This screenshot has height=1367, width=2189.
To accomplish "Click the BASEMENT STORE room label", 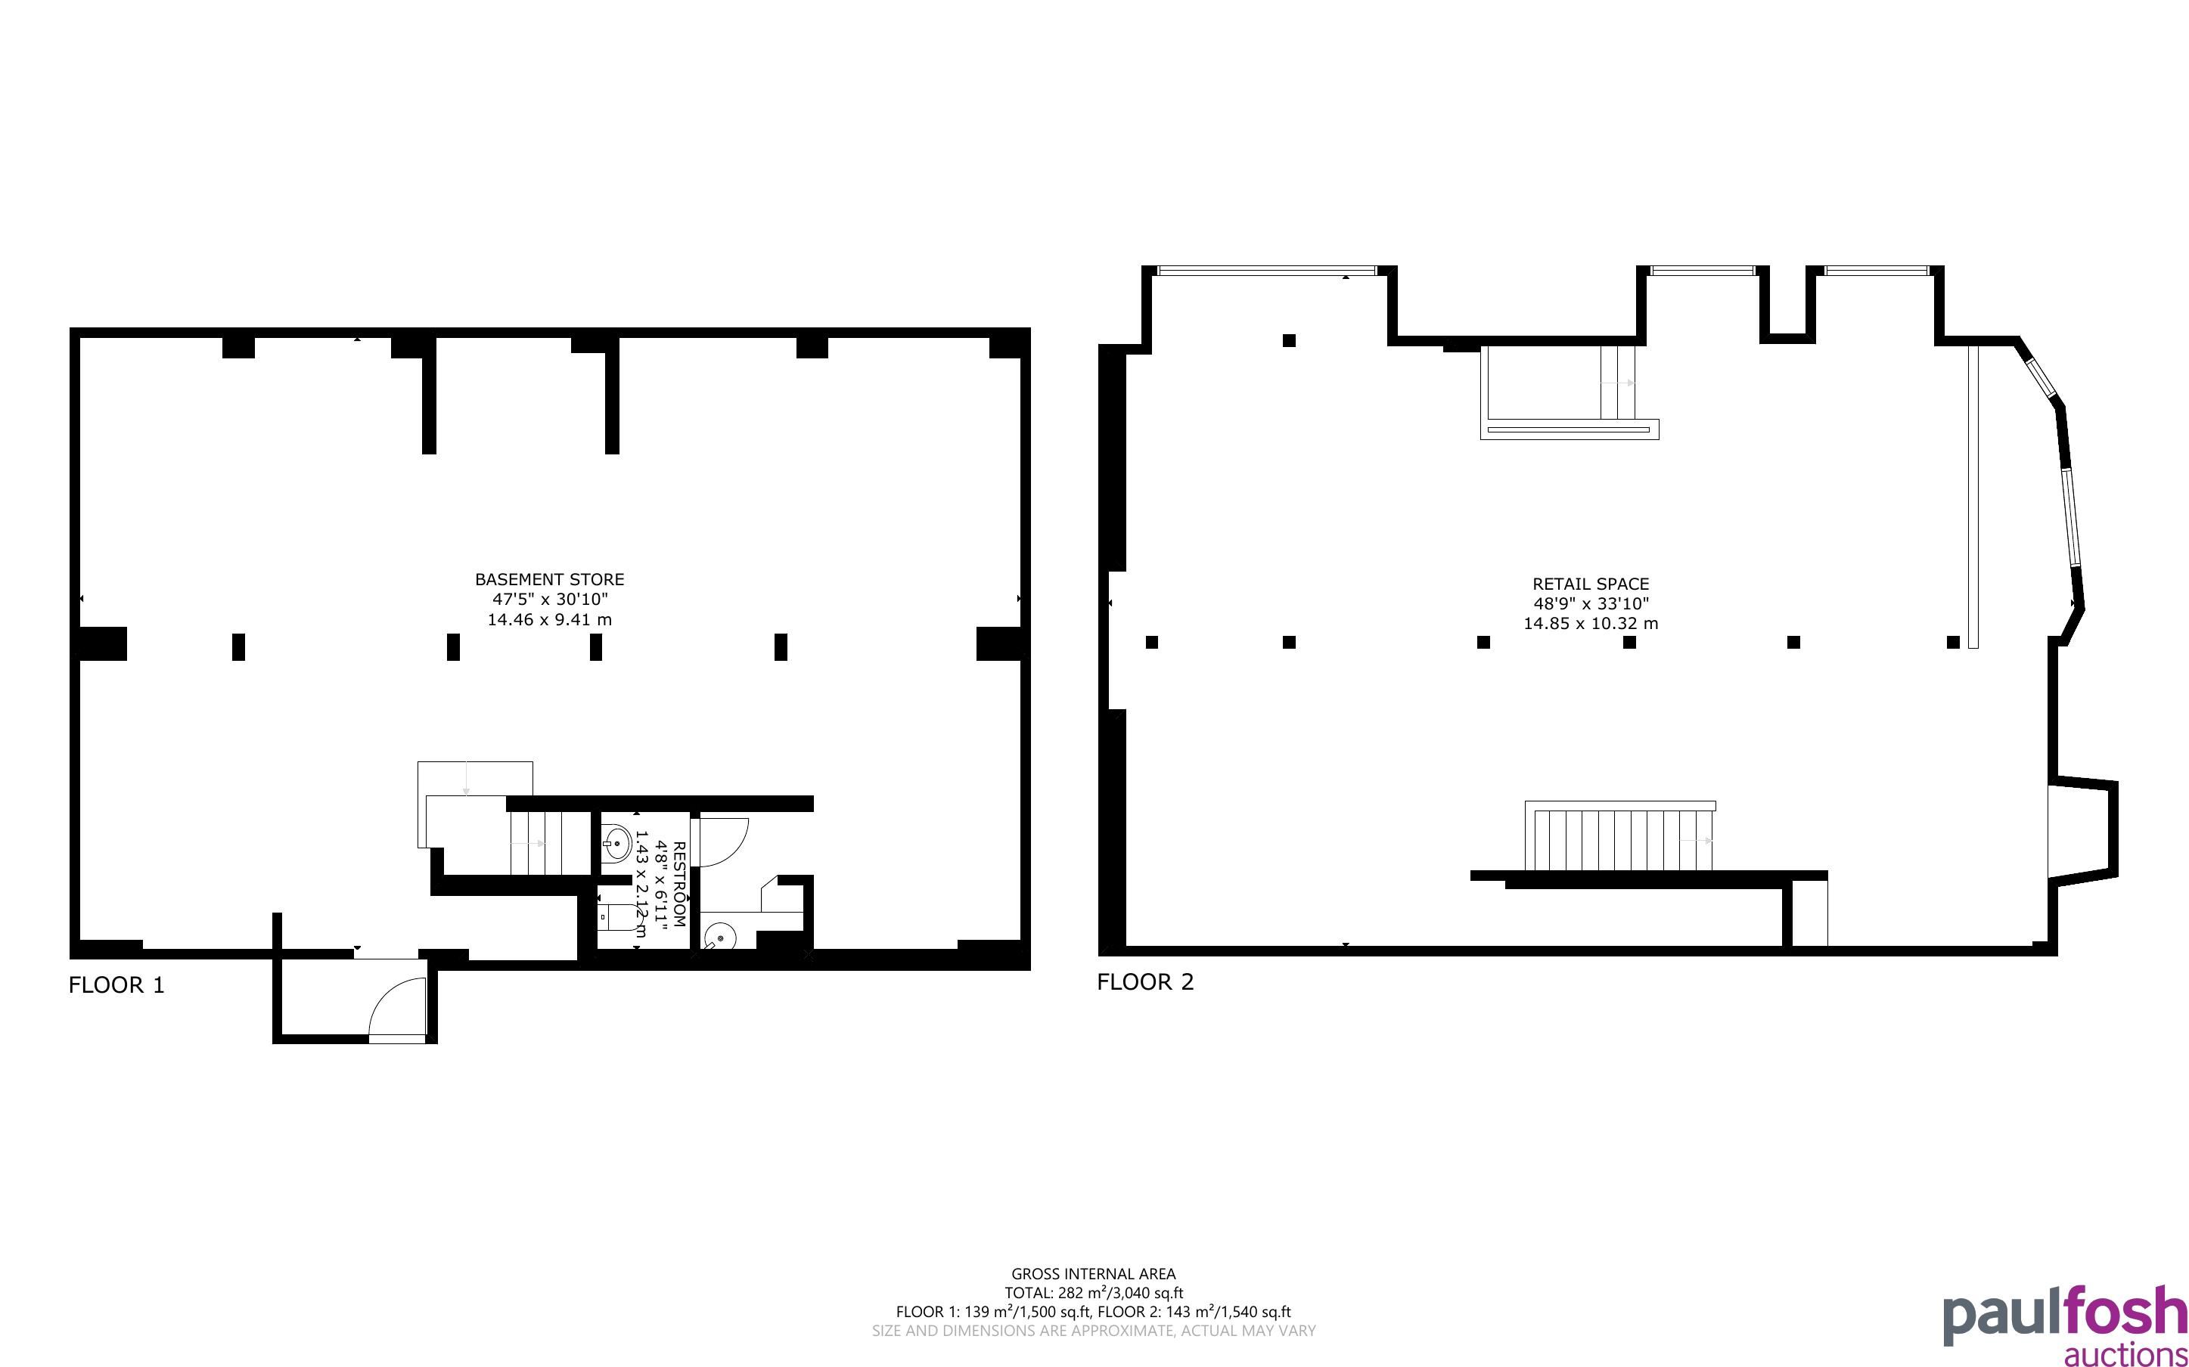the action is (x=550, y=579).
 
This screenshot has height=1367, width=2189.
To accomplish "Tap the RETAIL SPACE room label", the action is (x=1591, y=584).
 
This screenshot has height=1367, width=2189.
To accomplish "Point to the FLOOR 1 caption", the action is (x=116, y=984).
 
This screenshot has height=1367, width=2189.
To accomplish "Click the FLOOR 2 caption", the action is (x=1146, y=982).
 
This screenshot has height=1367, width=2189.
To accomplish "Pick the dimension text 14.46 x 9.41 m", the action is (x=550, y=619).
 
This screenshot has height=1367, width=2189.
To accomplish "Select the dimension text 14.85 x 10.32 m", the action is (x=1591, y=623).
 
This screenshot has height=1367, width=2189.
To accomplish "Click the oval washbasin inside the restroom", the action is (x=616, y=842).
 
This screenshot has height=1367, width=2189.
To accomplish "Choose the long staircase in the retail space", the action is (x=1619, y=837).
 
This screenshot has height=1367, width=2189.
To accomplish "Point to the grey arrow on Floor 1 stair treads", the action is (x=528, y=844).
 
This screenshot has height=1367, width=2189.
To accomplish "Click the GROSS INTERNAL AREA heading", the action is (x=1093, y=1274).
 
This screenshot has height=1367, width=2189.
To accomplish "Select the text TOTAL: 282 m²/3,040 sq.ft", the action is (x=1093, y=1293).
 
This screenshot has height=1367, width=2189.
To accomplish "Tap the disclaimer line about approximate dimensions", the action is (x=1093, y=1330).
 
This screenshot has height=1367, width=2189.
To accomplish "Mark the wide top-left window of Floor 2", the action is (x=1267, y=271).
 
